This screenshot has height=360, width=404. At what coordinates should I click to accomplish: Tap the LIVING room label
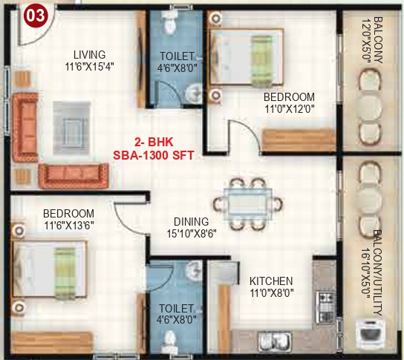tap(89, 54)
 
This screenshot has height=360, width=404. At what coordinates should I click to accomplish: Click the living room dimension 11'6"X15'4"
tap(89, 65)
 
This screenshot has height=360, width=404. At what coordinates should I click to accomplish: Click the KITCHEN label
tap(270, 281)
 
